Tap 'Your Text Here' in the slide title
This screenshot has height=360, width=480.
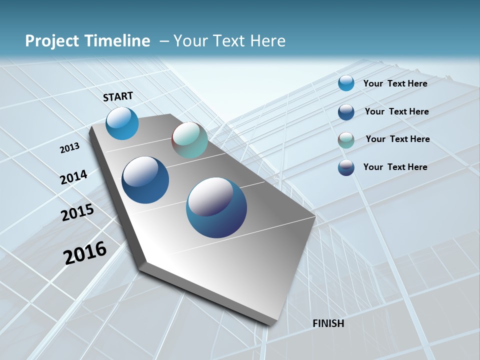[229, 41]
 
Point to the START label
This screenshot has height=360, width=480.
[118, 96]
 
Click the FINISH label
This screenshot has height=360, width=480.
[328, 323]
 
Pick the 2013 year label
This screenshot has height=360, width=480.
[69, 148]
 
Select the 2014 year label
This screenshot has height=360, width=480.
[73, 177]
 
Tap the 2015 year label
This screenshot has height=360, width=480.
[77, 212]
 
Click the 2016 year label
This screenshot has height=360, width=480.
[84, 252]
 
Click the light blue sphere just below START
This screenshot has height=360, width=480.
[122, 123]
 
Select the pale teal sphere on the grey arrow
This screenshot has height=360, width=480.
[189, 140]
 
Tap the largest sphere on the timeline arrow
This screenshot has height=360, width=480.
[216, 207]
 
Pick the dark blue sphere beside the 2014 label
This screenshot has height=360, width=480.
[145, 180]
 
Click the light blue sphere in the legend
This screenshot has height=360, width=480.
[346, 83]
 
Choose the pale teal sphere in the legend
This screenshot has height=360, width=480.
[346, 139]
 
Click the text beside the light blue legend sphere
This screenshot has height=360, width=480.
[395, 83]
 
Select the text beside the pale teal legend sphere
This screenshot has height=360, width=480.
[397, 139]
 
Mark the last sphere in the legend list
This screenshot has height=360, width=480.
[346, 167]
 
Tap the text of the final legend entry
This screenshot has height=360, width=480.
[395, 167]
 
